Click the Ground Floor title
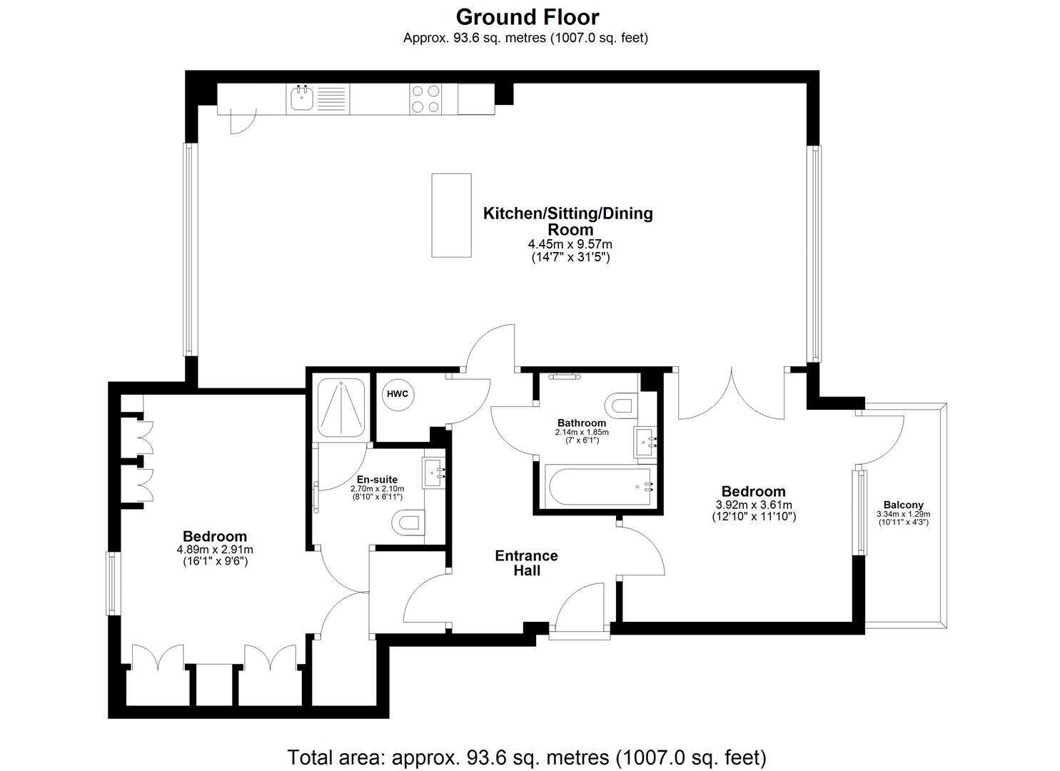click(528, 16)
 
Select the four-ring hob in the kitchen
click(425, 99)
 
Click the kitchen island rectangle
click(451, 215)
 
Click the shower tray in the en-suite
click(341, 408)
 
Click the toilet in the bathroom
click(620, 405)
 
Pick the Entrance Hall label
click(527, 563)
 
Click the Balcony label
click(903, 505)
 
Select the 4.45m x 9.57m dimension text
click(570, 245)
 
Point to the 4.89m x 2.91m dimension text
click(215, 550)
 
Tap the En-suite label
click(377, 480)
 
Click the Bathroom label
click(582, 423)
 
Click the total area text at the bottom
click(527, 757)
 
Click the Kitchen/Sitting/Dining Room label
click(569, 221)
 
